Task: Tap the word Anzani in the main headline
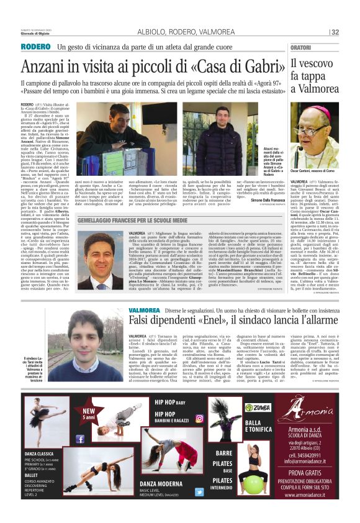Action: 46,66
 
